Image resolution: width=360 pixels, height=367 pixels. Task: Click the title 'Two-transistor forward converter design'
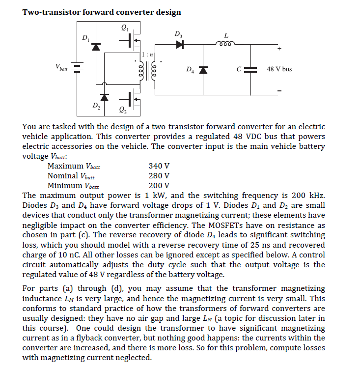click(x=102, y=12)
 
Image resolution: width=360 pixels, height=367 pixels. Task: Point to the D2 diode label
click(x=96, y=105)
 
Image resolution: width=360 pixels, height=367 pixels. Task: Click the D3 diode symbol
click(x=179, y=45)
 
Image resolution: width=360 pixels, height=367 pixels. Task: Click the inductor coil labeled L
click(x=226, y=45)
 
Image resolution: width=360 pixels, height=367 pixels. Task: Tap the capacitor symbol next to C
click(x=250, y=69)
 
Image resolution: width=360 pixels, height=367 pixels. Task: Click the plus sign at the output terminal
click(x=279, y=49)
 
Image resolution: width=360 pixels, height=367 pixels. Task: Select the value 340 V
click(x=159, y=166)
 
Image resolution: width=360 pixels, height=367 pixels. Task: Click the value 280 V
click(x=159, y=175)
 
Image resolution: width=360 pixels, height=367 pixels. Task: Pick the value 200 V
click(x=159, y=185)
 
